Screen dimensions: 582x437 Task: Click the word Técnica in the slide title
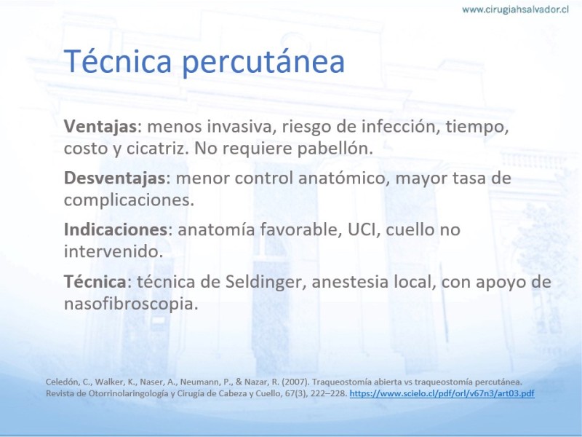tap(118, 61)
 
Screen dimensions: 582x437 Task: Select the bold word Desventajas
tap(115, 178)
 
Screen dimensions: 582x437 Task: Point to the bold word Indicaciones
tap(116, 229)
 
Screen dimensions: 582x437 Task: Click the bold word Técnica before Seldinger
tap(95, 281)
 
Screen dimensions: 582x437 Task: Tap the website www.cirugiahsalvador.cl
tap(516, 9)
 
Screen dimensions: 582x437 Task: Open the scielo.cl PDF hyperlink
tap(442, 393)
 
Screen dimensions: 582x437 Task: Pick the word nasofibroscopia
tap(131, 304)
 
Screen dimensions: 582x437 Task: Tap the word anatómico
tap(344, 178)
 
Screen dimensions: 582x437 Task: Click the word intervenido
tap(113, 251)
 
